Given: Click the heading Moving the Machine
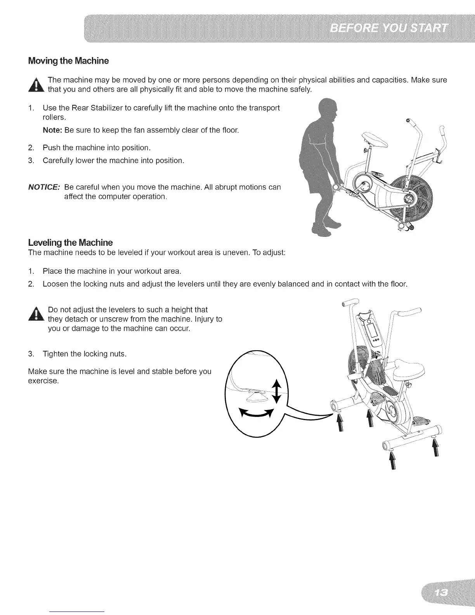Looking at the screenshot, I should [69, 61].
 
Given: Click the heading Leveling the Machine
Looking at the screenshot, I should [71, 243].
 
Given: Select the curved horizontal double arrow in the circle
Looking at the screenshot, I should [256, 414].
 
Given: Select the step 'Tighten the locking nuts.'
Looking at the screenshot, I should [85, 354].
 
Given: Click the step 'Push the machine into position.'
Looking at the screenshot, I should [97, 148].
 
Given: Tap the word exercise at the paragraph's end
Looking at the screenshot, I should [43, 381].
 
